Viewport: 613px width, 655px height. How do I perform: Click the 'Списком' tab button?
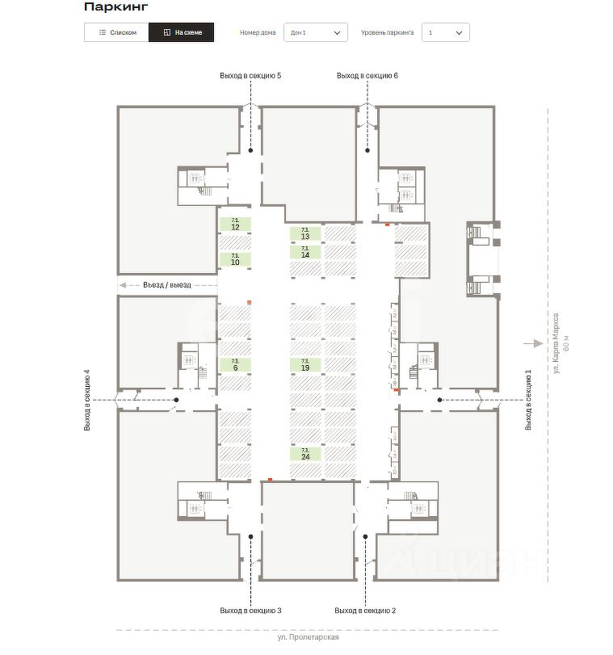pos(116,32)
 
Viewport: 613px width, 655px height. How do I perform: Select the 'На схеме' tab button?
pos(182,32)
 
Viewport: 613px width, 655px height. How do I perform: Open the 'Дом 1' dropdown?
pos(315,32)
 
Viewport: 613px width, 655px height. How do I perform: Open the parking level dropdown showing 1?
pos(445,32)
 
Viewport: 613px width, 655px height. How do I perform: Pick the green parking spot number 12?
pos(235,225)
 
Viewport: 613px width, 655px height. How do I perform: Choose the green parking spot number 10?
pos(235,260)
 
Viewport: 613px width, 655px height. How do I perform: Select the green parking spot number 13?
pos(305,233)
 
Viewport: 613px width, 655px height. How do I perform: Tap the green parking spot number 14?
pos(305,252)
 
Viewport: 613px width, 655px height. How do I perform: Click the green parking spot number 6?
pos(235,365)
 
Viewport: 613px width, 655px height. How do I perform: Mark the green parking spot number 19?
pos(305,365)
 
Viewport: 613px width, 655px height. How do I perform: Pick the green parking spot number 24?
pos(305,454)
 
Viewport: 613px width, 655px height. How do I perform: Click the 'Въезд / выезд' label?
pos(167,285)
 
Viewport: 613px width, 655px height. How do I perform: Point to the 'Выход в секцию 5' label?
pos(250,75)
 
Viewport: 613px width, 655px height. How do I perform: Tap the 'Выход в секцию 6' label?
pos(367,75)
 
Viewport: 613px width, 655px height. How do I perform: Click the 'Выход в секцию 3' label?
pos(250,610)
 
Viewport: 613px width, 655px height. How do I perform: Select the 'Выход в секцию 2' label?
pos(365,610)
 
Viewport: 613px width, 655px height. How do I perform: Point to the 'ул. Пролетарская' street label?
pos(308,637)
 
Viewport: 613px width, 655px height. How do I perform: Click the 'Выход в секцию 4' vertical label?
pos(86,400)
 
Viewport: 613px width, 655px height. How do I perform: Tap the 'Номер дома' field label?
pos(258,33)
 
